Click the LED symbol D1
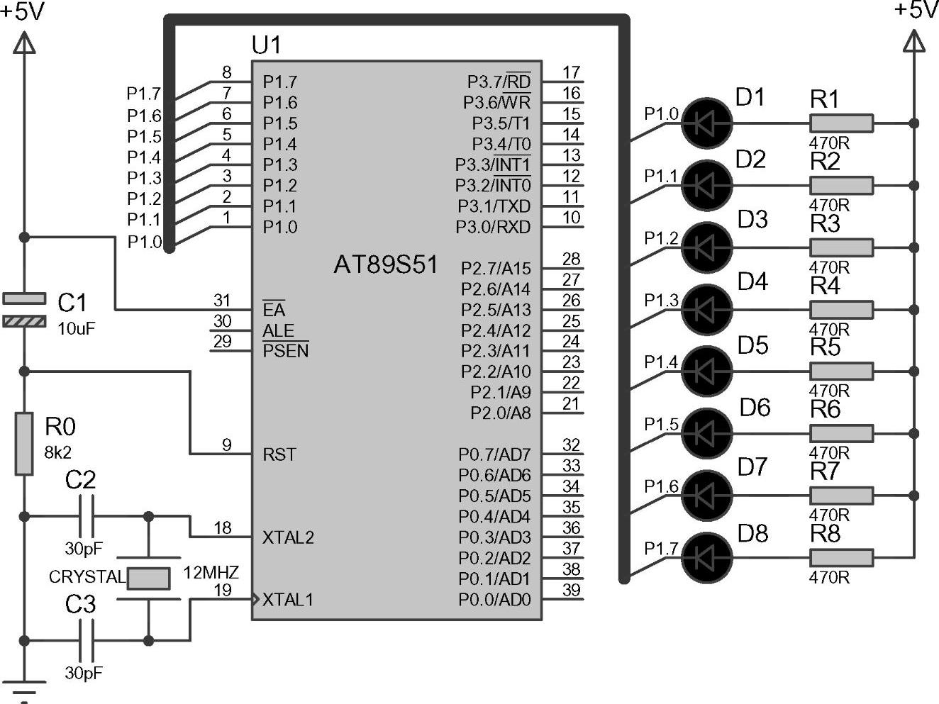pyautogui.click(x=706, y=123)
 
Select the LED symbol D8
pyautogui.click(x=706, y=557)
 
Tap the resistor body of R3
pyautogui.click(x=841, y=247)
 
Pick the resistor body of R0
pyautogui.click(x=24, y=444)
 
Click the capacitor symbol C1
pyautogui.click(x=24, y=310)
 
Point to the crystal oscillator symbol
pyautogui.click(x=148, y=579)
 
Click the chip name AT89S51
pyautogui.click(x=385, y=265)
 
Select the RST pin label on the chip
pyautogui.click(x=279, y=454)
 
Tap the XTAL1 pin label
pyautogui.click(x=287, y=600)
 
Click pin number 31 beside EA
pyautogui.click(x=222, y=301)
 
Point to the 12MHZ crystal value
pyautogui.click(x=211, y=572)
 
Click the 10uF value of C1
pyautogui.click(x=76, y=329)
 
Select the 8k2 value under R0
pyautogui.click(x=57, y=452)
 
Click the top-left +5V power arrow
pyautogui.click(x=24, y=44)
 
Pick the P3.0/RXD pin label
pyautogui.click(x=492, y=228)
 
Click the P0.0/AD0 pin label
pyautogui.click(x=494, y=600)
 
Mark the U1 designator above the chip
pyautogui.click(x=267, y=45)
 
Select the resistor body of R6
pyautogui.click(x=841, y=433)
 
